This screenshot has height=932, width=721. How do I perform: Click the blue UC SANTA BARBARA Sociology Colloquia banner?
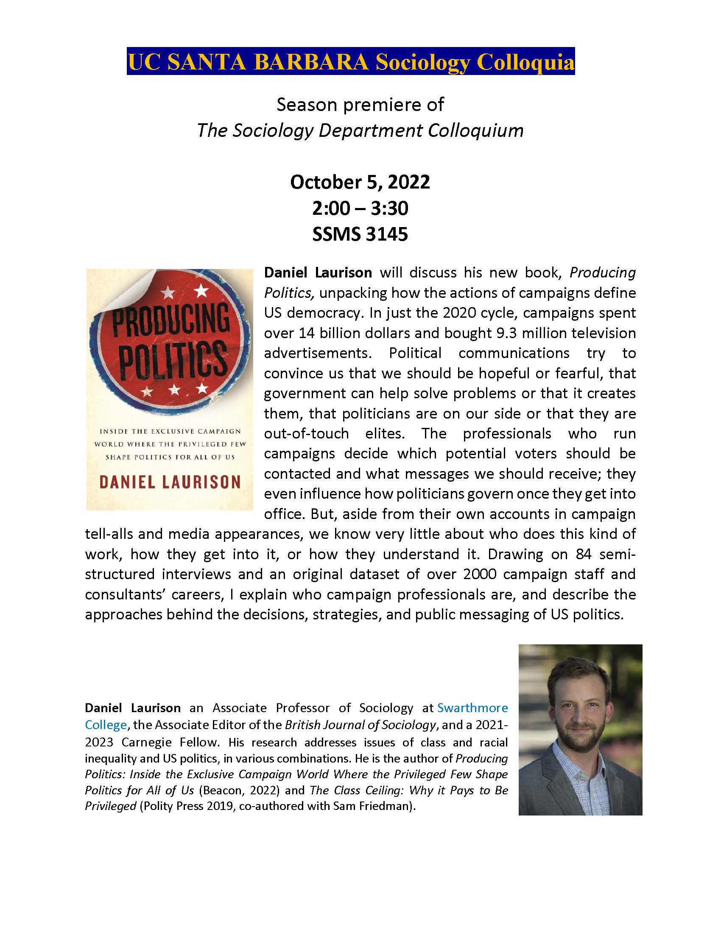[x=350, y=61]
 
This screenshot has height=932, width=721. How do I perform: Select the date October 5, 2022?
[x=360, y=182]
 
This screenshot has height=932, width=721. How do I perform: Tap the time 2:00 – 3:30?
[x=360, y=208]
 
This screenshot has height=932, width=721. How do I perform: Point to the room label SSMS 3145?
[x=360, y=234]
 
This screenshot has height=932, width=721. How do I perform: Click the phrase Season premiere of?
[x=360, y=105]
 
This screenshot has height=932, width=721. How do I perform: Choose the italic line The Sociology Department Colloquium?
[x=360, y=130]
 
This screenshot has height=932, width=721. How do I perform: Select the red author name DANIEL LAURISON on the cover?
[x=170, y=482]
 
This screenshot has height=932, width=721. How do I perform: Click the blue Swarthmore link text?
[x=472, y=708]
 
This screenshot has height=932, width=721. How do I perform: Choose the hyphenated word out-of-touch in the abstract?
[x=306, y=433]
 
